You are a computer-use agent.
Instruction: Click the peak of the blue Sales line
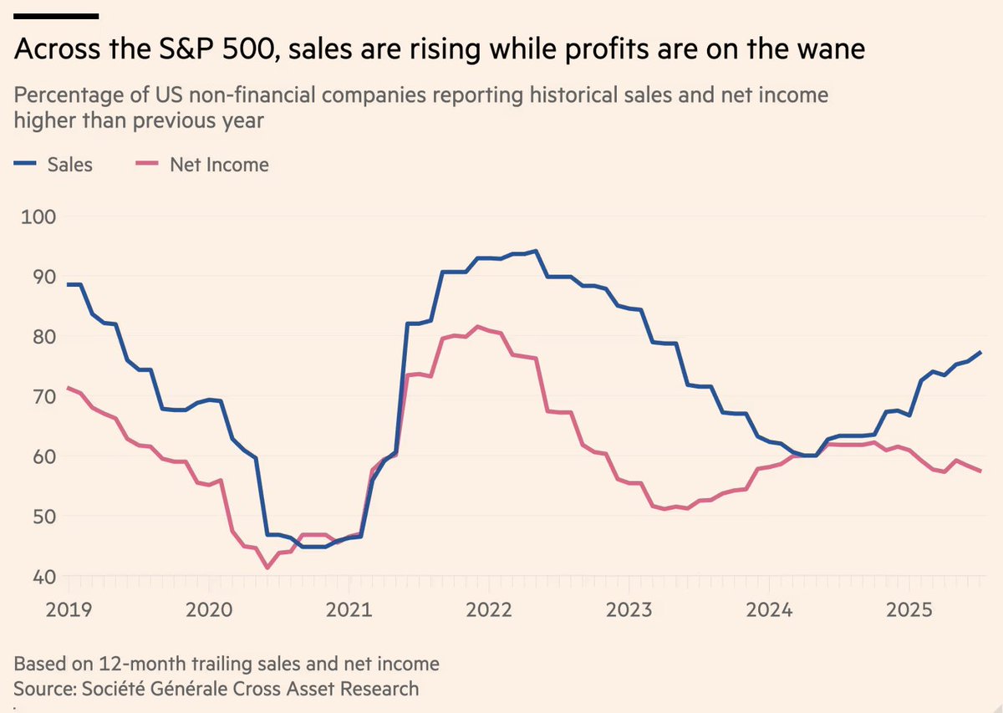[x=535, y=251]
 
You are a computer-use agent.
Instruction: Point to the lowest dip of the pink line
[x=267, y=568]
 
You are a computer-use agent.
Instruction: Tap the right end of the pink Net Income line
[x=980, y=471]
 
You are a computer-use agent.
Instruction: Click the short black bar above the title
[x=57, y=15]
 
